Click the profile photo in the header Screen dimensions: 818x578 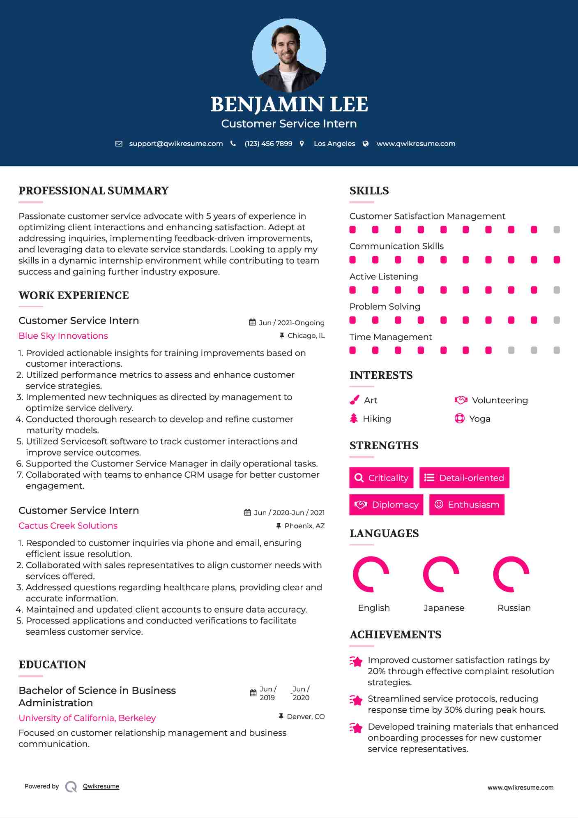[289, 55]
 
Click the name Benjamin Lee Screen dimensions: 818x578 [289, 104]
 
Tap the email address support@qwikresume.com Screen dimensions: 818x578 [176, 143]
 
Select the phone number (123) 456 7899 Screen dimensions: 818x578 [268, 143]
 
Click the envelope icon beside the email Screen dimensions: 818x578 [119, 143]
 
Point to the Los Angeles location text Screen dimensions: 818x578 [334, 143]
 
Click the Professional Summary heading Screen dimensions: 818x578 [94, 191]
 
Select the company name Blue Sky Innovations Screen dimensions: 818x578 [63, 336]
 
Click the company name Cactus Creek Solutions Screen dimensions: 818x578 [68, 526]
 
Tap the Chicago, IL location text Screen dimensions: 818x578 [306, 336]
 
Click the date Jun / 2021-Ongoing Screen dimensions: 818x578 [291, 323]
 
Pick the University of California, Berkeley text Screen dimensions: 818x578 [87, 718]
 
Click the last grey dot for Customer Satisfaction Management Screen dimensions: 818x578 [557, 229]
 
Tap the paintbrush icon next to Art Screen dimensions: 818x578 [354, 400]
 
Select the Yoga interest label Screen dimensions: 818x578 [480, 419]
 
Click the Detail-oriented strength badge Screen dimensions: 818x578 [464, 478]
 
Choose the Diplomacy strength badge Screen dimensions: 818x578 [386, 504]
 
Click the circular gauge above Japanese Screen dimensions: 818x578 [441, 574]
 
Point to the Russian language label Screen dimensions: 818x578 [514, 608]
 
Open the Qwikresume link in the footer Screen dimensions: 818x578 [101, 786]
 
